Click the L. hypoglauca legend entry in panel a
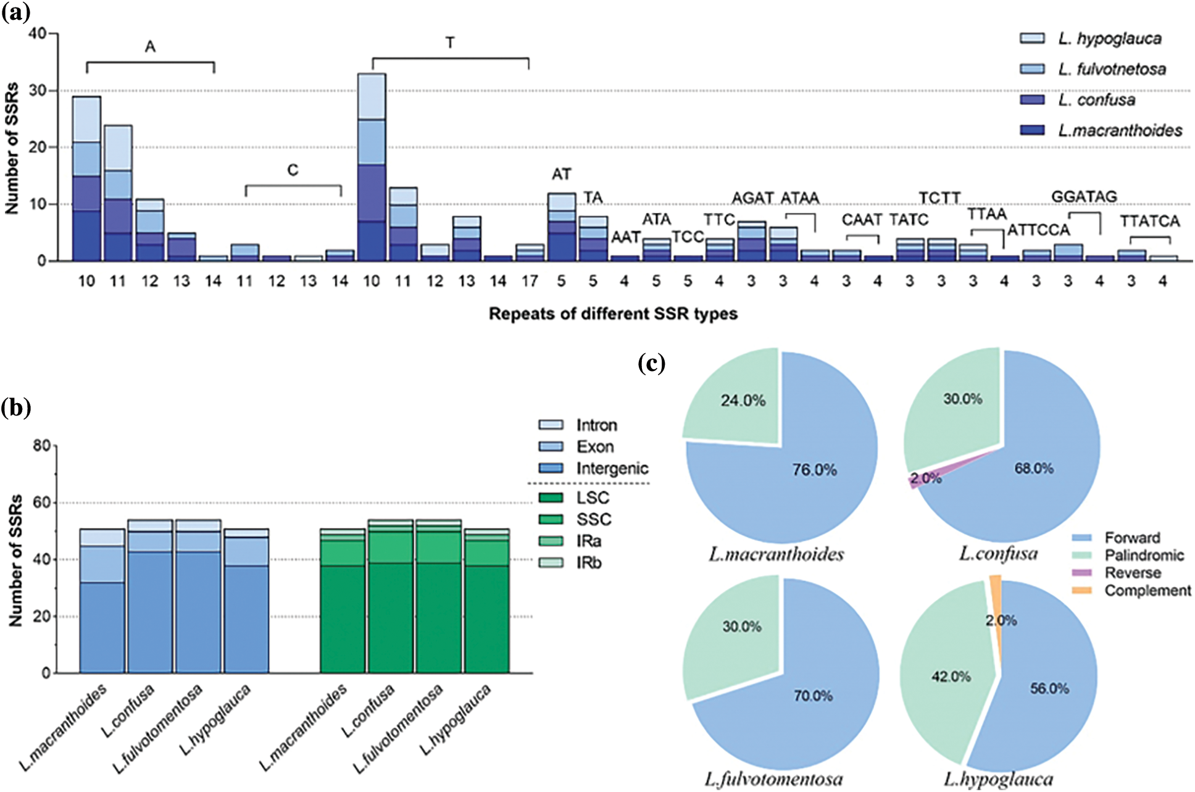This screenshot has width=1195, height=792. (x=1109, y=38)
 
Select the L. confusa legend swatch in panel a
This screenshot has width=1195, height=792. (x=1032, y=99)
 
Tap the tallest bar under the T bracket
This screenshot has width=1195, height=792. (x=372, y=167)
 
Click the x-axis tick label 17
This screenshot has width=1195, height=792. (x=530, y=281)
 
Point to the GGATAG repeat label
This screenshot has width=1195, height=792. (x=1084, y=197)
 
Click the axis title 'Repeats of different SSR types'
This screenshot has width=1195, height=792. (x=613, y=314)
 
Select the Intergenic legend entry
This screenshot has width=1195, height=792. (x=612, y=469)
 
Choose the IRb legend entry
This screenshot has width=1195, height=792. (x=588, y=563)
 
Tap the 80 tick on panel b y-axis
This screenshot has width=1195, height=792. (x=41, y=446)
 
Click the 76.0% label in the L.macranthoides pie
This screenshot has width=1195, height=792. (x=814, y=470)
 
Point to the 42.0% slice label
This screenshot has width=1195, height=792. (x=951, y=677)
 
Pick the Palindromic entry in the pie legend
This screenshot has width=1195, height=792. (x=1144, y=555)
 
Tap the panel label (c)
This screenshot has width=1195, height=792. (x=651, y=364)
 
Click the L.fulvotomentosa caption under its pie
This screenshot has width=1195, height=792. (x=773, y=780)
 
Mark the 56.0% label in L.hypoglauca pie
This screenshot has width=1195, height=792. (x=1049, y=688)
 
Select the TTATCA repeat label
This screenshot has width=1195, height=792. (x=1149, y=221)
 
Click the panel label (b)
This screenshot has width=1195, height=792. (x=16, y=408)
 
